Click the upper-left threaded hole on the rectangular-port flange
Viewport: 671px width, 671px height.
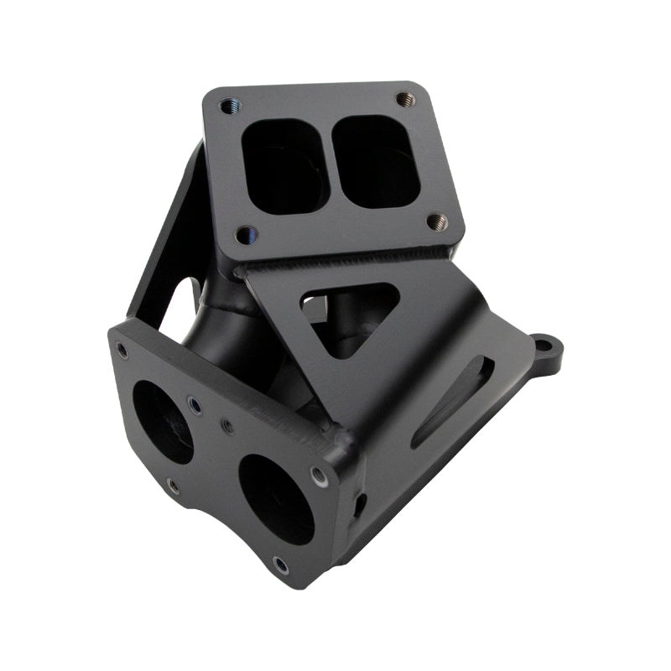[x=228, y=107]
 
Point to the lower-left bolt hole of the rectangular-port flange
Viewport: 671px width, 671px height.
[x=245, y=235]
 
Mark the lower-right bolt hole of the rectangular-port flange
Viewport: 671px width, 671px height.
[x=436, y=222]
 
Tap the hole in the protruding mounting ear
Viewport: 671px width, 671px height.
[x=544, y=344]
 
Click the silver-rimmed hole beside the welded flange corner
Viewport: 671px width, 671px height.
[x=319, y=476]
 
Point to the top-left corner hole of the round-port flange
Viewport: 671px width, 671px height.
[x=123, y=350]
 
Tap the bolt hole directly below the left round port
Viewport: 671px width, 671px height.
[x=173, y=486]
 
